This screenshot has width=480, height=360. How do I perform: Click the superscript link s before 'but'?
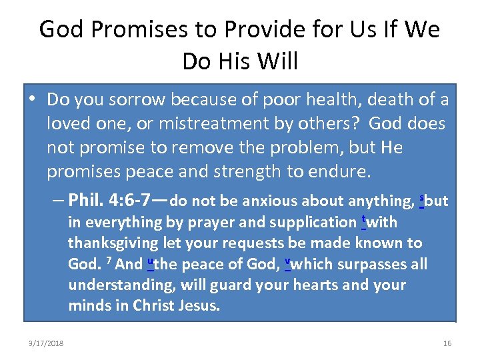click(x=421, y=198)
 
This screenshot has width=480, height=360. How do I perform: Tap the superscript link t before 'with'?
click(x=363, y=219)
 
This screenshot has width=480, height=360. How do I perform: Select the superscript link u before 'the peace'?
click(x=150, y=261)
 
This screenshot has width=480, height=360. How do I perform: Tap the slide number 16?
click(x=447, y=343)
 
